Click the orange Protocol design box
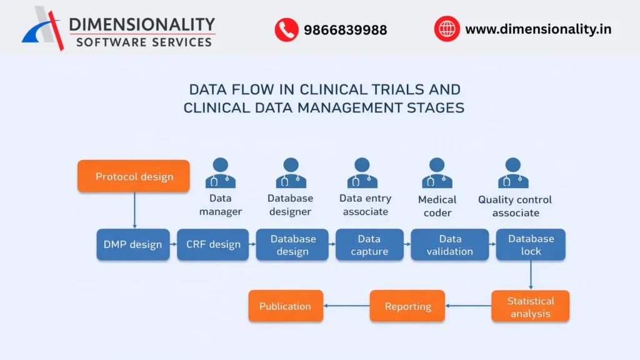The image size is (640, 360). [x=134, y=176]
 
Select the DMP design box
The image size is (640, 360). [x=132, y=244]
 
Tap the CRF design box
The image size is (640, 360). [x=213, y=244]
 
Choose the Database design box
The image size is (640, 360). [x=292, y=244]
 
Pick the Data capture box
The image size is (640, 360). [x=369, y=244]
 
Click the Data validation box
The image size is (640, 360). [x=449, y=244]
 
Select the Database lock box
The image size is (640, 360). [x=531, y=244]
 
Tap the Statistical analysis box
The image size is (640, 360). [x=530, y=306]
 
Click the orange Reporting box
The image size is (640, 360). [x=407, y=306]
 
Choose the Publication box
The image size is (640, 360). [x=285, y=306]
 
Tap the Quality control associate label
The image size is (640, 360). [x=515, y=206]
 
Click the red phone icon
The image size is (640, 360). [x=286, y=29]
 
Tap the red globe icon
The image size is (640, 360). [x=447, y=29]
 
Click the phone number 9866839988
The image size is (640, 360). [x=345, y=30]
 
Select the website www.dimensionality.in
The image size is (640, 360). [x=538, y=29]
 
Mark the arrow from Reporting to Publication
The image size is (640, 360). [x=346, y=306]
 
